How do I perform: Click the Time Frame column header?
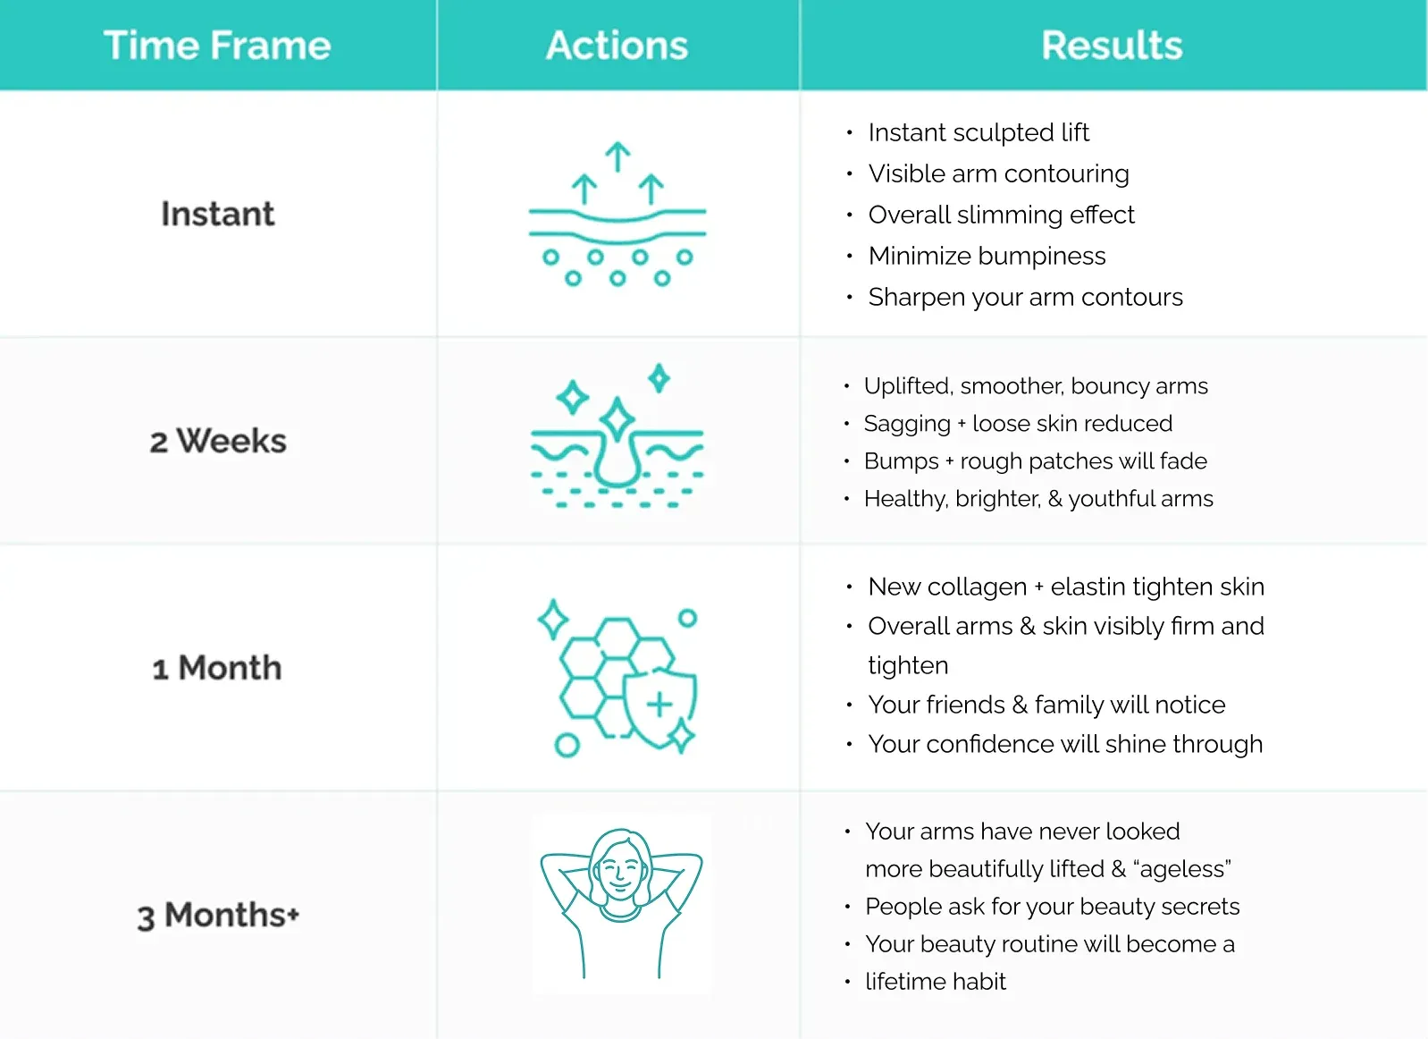(217, 46)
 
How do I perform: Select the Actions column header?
(617, 46)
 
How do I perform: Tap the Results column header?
(1112, 46)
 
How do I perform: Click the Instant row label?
(218, 214)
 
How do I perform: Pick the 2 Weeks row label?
(218, 441)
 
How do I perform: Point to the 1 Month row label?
(217, 668)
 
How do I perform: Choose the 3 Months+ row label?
(218, 916)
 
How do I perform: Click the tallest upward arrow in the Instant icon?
(617, 156)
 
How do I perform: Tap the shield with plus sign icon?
(659, 705)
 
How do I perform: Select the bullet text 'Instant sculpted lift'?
(979, 132)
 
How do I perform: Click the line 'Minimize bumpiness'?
(987, 256)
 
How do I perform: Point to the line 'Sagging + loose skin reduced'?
(1018, 423)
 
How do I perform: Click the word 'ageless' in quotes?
(1184, 869)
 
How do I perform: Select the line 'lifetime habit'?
(936, 982)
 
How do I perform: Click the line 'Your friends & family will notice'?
(1046, 705)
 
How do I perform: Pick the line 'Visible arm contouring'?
(998, 173)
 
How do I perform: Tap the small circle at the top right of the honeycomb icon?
(687, 618)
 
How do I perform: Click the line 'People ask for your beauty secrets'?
(1052, 907)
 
